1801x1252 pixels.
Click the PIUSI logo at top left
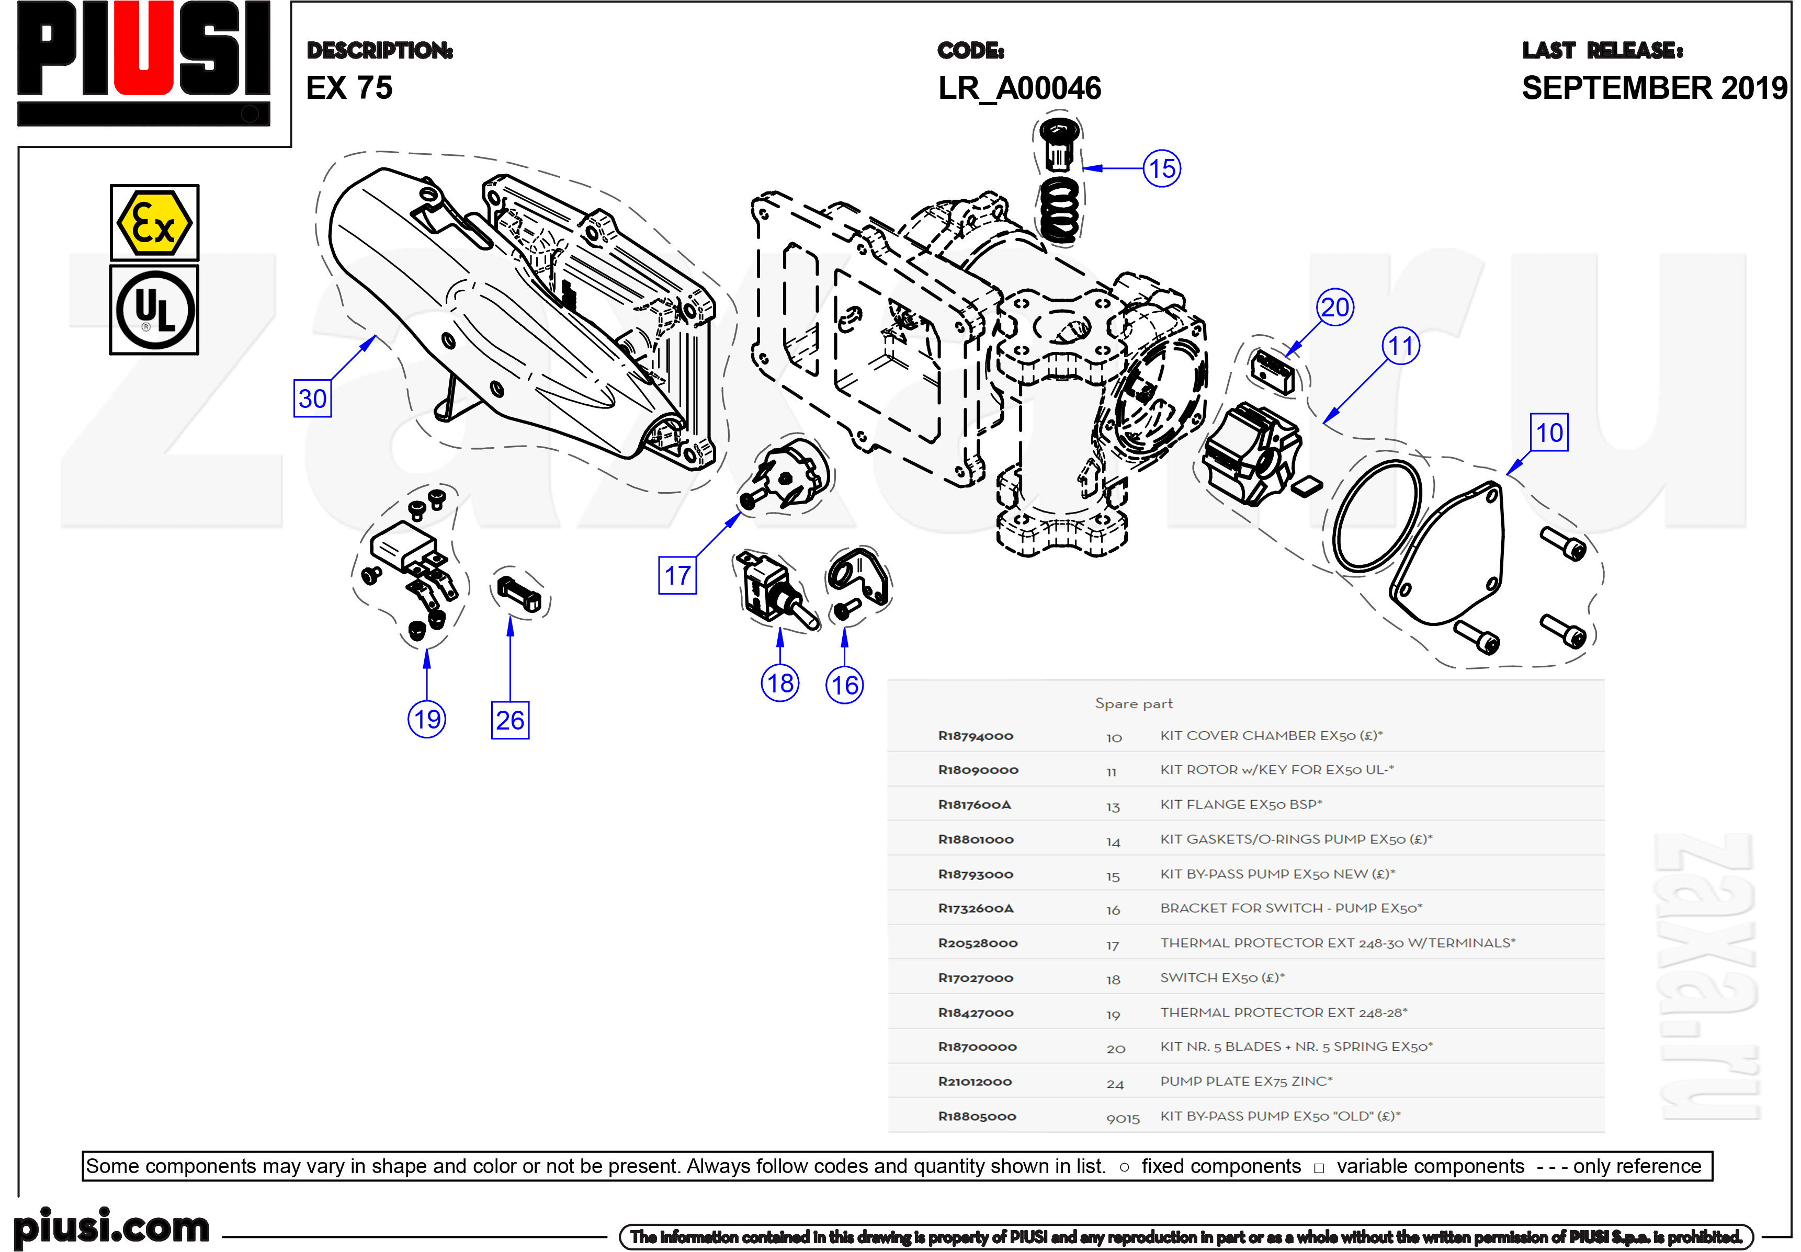point(143,63)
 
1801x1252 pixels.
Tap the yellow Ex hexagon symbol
point(154,223)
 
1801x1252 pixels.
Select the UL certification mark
point(154,310)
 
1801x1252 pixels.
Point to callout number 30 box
point(312,399)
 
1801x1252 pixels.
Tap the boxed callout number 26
point(510,720)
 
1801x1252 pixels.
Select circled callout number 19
point(427,719)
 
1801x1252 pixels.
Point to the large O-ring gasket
point(1377,516)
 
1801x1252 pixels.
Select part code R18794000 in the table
point(975,736)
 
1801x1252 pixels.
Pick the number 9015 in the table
point(1123,1118)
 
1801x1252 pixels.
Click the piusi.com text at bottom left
point(112,1226)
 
